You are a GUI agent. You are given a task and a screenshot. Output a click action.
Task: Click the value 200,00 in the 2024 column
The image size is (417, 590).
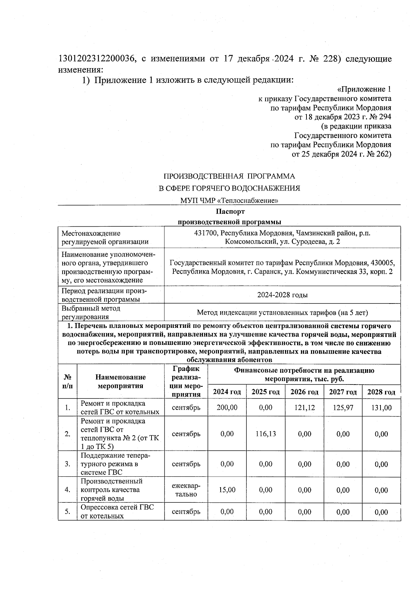(x=227, y=408)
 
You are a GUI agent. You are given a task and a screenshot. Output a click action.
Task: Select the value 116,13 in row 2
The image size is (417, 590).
(x=266, y=434)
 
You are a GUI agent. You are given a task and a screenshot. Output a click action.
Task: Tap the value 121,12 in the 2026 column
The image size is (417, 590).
(x=304, y=408)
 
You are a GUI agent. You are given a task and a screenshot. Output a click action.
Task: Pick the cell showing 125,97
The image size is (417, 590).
(x=343, y=408)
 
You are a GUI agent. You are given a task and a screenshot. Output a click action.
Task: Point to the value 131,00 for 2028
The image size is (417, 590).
(x=381, y=408)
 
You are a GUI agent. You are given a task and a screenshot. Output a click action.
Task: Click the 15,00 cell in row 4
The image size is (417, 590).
(x=227, y=490)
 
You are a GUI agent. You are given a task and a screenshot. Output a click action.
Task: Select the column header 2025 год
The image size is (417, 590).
(x=266, y=392)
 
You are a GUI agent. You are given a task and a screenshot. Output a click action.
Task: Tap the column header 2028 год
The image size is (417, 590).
(x=381, y=392)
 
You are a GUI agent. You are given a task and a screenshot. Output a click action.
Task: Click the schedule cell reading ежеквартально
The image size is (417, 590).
(x=186, y=490)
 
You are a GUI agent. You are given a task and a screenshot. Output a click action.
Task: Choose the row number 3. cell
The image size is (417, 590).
(x=67, y=464)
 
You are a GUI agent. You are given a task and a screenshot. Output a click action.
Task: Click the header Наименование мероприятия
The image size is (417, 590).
(x=121, y=381)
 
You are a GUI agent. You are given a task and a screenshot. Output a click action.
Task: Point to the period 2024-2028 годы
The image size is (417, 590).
(x=282, y=295)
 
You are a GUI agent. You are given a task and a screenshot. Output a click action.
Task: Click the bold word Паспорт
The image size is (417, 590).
(x=230, y=211)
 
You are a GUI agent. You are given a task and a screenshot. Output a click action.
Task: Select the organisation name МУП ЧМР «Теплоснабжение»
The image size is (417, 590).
(x=229, y=201)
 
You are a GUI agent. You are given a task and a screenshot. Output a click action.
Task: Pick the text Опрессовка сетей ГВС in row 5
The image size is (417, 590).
(x=117, y=507)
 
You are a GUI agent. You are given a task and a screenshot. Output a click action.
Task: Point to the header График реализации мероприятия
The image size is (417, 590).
(x=186, y=381)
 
